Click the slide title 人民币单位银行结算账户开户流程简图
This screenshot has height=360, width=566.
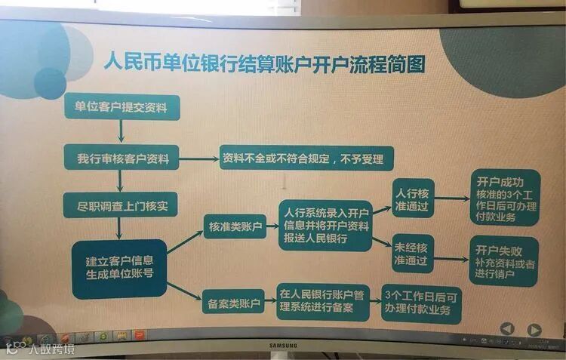[263, 63]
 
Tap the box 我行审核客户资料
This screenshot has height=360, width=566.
[122, 159]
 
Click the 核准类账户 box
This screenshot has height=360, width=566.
[235, 225]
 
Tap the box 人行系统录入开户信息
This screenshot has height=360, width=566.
[325, 225]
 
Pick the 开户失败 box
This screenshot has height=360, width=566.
[503, 260]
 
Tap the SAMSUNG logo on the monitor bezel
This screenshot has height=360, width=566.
[283, 346]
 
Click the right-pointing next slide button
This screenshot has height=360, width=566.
[534, 330]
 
